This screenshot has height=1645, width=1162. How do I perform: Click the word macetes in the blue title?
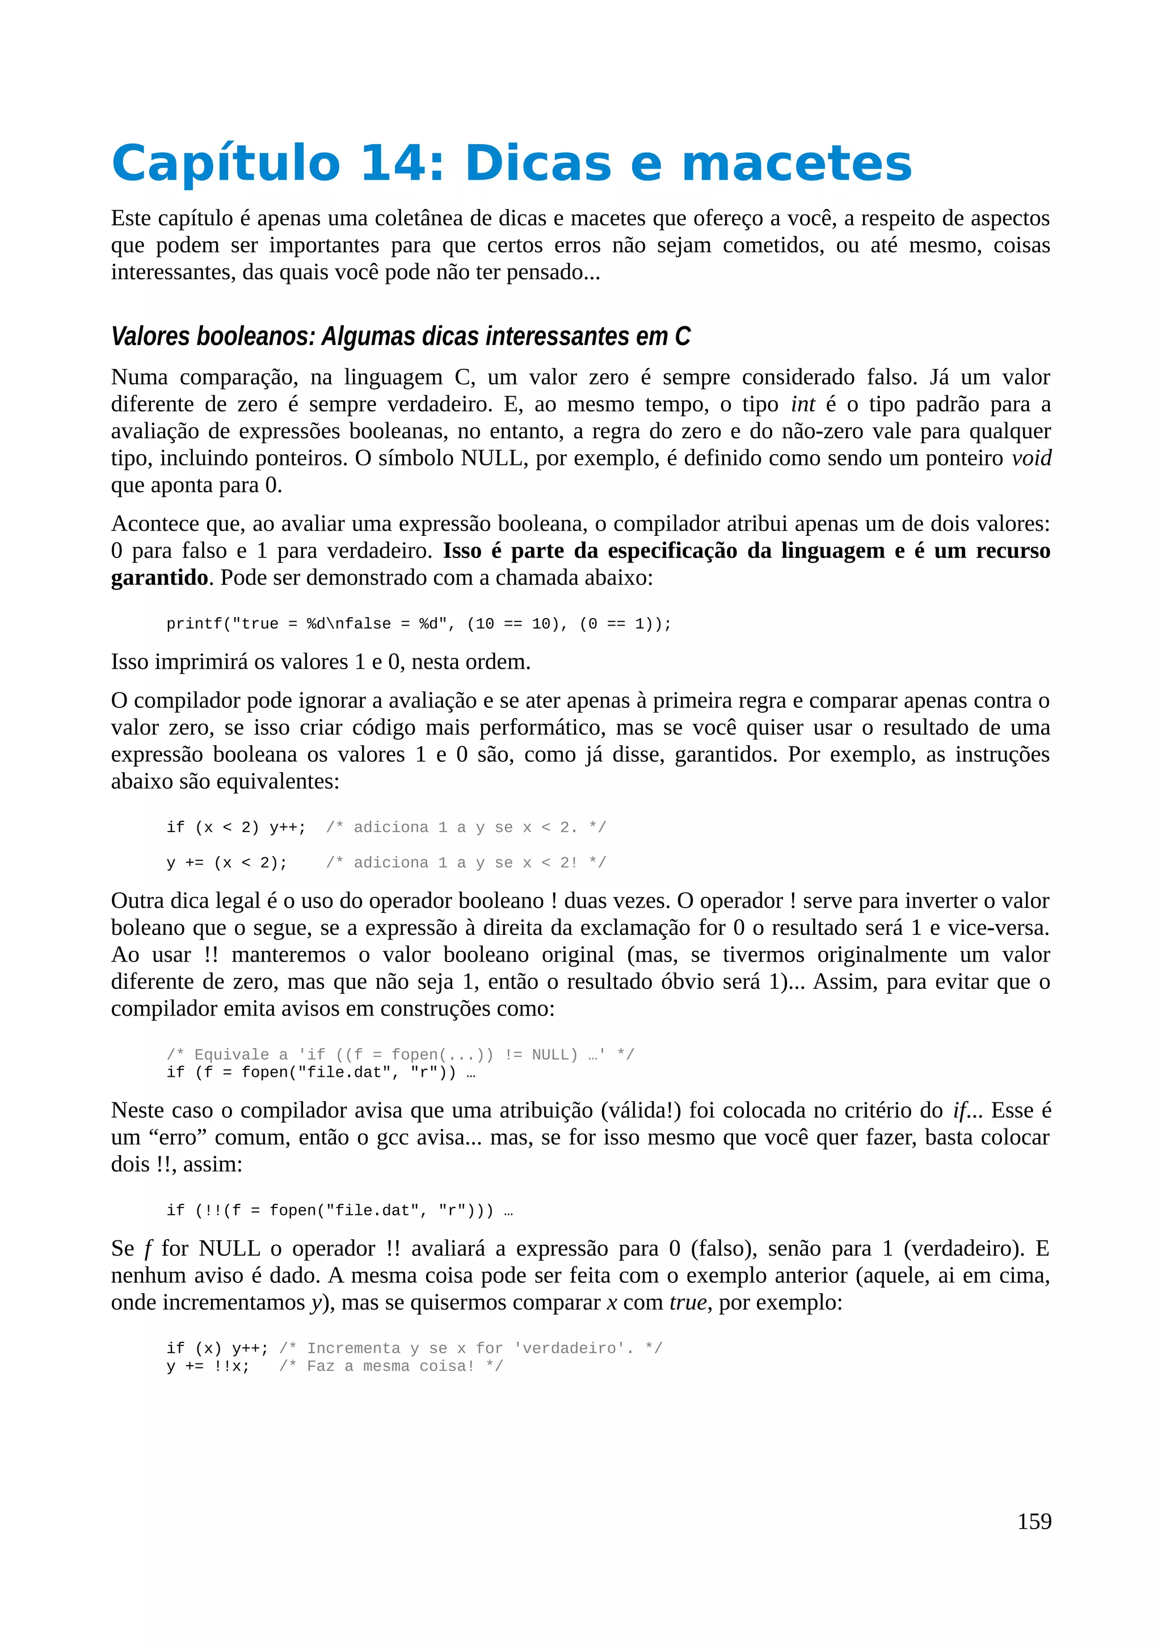(796, 163)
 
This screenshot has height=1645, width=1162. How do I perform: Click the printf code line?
(419, 624)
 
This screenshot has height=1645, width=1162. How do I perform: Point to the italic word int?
(803, 404)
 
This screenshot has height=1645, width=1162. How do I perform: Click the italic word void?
(1031, 459)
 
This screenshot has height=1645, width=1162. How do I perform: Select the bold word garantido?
(159, 577)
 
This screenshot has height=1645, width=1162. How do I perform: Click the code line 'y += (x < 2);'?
(227, 863)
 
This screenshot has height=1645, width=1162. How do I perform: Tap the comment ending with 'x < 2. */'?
(465, 828)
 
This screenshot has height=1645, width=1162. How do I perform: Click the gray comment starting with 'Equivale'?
(399, 1055)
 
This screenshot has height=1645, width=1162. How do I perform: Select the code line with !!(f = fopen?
(339, 1211)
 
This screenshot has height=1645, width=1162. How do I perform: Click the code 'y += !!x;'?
(208, 1366)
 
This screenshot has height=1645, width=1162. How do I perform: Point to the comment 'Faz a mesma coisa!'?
(391, 1366)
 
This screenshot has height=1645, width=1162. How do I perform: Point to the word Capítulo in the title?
(225, 163)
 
